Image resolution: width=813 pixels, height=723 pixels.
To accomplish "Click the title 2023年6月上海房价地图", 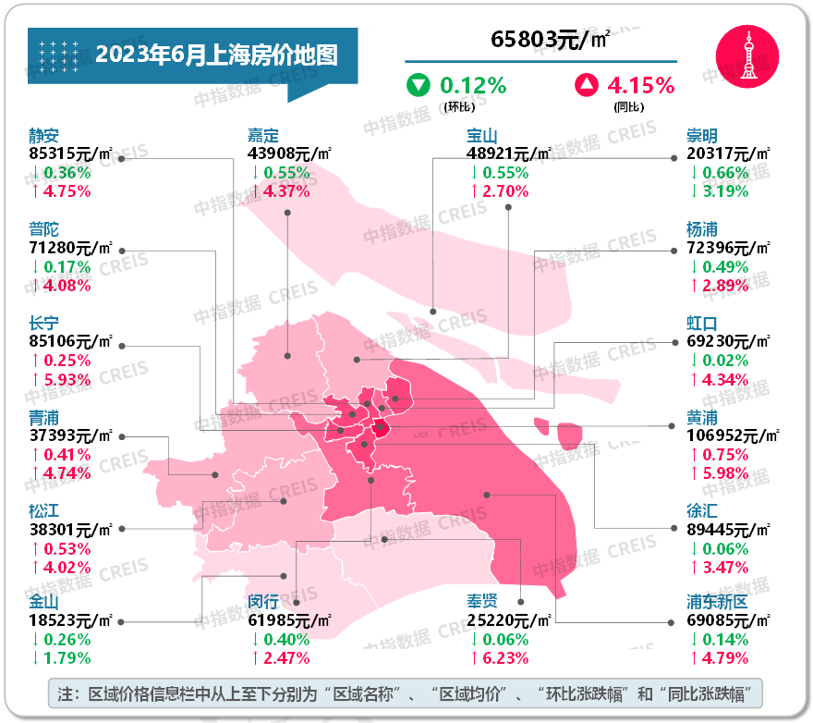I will tap(216, 55).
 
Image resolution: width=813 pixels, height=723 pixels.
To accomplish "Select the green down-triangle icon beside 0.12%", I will tap(419, 86).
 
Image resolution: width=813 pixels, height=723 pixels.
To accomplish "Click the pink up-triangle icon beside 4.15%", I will tap(586, 86).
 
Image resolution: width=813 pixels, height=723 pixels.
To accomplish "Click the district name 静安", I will tap(44, 135).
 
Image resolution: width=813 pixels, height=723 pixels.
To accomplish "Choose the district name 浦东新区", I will tap(716, 602).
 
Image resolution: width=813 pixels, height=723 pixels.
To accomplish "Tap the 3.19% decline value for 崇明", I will tap(724, 191).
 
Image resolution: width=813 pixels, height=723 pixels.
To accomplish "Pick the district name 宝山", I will tap(483, 135).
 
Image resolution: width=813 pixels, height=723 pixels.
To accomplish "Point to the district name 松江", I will tap(44, 509).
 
